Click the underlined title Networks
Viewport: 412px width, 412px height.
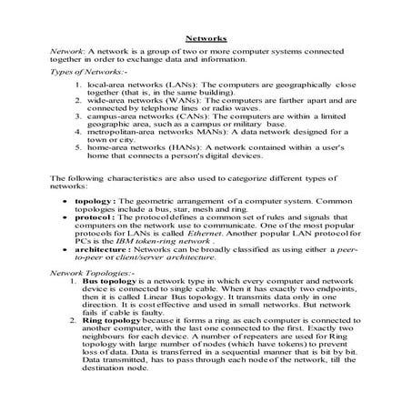(206, 40)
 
